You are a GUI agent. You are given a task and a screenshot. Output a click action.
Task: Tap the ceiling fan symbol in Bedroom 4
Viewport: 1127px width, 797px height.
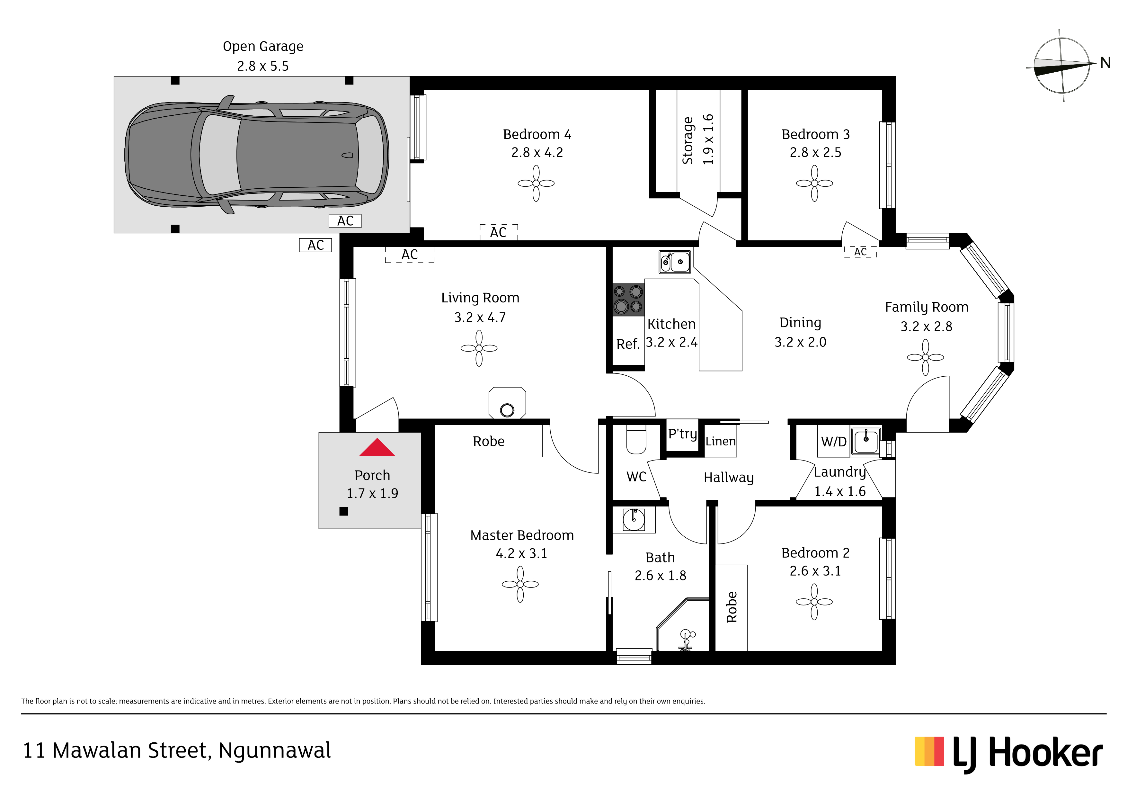click(536, 183)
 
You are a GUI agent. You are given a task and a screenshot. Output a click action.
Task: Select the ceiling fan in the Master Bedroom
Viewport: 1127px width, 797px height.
click(520, 584)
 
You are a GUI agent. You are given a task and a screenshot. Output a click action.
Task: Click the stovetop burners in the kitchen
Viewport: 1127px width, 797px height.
click(628, 300)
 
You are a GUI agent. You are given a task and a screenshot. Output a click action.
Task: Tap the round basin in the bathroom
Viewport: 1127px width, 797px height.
click(634, 520)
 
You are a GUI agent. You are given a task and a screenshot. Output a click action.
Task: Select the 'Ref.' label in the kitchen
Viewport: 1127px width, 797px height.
click(628, 344)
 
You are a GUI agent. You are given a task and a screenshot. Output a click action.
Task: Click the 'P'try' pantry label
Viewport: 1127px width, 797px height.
click(682, 434)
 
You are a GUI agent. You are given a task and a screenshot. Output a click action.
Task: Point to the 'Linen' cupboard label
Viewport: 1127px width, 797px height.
click(721, 442)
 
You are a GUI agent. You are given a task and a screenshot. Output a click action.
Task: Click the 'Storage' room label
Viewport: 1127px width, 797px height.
click(688, 140)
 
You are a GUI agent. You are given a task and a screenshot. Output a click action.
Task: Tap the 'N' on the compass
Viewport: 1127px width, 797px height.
click(1105, 63)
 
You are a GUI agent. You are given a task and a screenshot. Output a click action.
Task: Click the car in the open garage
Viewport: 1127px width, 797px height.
click(257, 155)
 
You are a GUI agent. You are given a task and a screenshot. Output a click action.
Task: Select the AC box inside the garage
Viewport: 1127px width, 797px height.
click(345, 221)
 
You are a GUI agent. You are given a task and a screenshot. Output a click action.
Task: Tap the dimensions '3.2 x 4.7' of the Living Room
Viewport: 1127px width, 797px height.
click(480, 318)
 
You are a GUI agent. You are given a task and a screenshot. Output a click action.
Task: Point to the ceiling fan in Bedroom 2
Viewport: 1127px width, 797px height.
click(814, 602)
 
